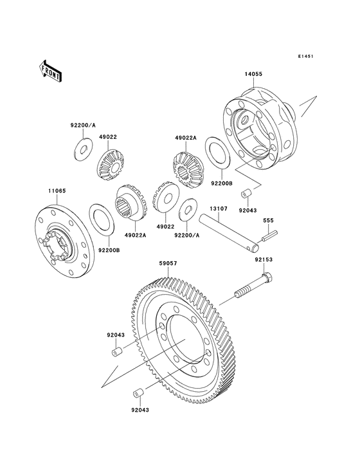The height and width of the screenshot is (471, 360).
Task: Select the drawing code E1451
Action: pyautogui.click(x=305, y=57)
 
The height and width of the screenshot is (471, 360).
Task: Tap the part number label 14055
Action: pyautogui.click(x=253, y=74)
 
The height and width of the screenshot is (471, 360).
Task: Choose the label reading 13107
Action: pyautogui.click(x=215, y=208)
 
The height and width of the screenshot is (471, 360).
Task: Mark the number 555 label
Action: pyautogui.click(x=269, y=221)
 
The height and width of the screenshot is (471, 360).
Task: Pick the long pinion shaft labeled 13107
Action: pyautogui.click(x=228, y=234)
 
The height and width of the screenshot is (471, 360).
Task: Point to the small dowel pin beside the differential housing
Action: pyautogui.click(x=246, y=194)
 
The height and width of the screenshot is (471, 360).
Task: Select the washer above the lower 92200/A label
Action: pyautogui.click(x=188, y=208)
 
